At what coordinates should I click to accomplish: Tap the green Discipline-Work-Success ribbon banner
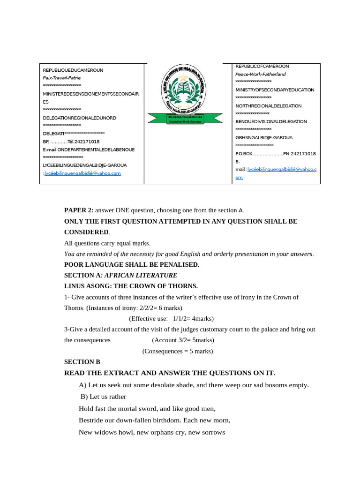(x=185, y=119)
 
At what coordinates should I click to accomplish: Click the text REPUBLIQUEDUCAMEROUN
(x=73, y=70)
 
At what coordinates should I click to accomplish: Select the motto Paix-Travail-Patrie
(x=61, y=78)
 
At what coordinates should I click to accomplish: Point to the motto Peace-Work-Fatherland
(x=260, y=74)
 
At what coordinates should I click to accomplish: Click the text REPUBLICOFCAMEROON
(x=262, y=67)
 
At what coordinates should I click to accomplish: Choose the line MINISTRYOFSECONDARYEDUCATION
(x=275, y=90)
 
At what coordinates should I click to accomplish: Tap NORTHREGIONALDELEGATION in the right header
(x=269, y=106)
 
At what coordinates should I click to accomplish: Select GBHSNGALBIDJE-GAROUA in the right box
(x=264, y=138)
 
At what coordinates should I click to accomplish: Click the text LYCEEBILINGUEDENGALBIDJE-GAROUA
(x=85, y=165)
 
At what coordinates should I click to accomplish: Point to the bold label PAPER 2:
(x=79, y=210)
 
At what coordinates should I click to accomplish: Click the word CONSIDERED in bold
(x=86, y=232)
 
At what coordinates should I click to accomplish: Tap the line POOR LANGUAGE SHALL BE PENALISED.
(x=132, y=264)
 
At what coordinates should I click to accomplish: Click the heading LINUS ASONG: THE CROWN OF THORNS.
(x=131, y=286)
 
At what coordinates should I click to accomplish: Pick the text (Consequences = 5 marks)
(x=178, y=351)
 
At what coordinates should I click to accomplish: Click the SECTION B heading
(x=82, y=362)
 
